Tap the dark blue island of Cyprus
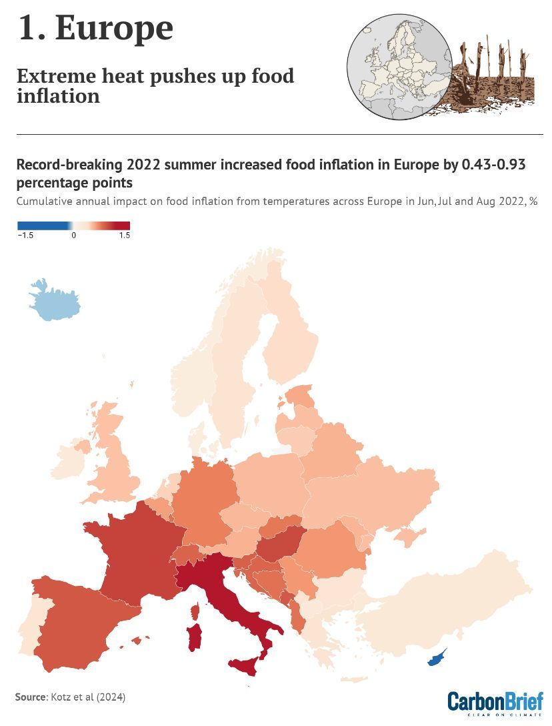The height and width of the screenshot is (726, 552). tap(437, 659)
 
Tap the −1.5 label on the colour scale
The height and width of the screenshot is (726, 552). tap(26, 236)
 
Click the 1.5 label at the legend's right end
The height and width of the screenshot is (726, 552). tap(124, 236)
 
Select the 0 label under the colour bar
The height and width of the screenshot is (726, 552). tap(74, 236)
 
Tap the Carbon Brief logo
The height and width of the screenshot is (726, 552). tap(495, 703)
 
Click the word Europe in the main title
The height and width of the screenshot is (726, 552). tap(115, 29)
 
